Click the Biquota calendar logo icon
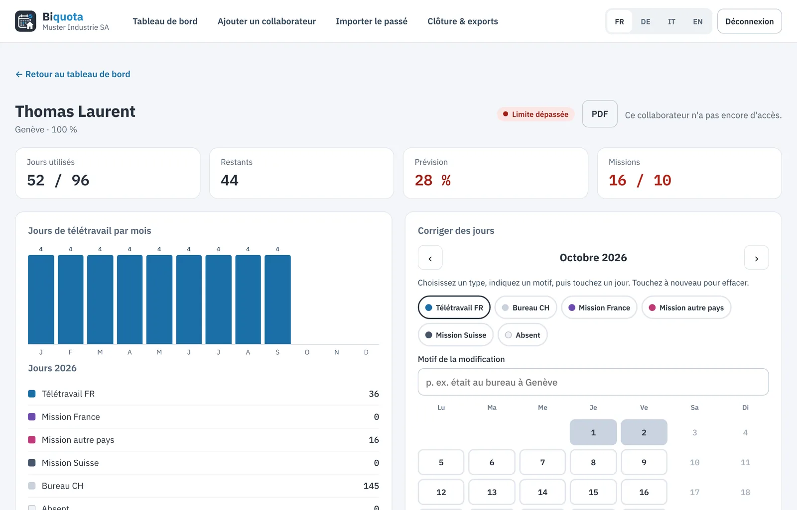click(x=25, y=21)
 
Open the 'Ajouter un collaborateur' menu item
click(x=266, y=21)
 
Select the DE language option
click(x=646, y=22)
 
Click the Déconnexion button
click(x=749, y=21)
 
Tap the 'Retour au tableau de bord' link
click(x=73, y=74)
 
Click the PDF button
click(x=600, y=114)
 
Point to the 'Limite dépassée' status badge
click(x=535, y=114)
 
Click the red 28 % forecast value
click(x=432, y=180)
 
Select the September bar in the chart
click(x=277, y=299)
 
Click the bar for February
click(x=70, y=299)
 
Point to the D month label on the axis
click(x=366, y=352)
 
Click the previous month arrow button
click(x=430, y=258)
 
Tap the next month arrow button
click(x=757, y=258)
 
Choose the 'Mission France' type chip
click(x=599, y=307)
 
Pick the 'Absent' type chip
click(x=523, y=335)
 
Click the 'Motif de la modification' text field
click(x=593, y=382)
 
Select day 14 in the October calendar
click(x=542, y=492)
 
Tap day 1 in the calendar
click(x=593, y=432)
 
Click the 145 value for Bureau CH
click(x=371, y=486)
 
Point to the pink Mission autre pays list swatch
click(x=32, y=440)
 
